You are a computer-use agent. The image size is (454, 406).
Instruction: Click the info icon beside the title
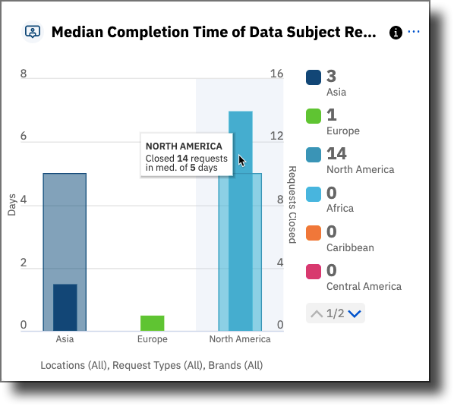[395, 33]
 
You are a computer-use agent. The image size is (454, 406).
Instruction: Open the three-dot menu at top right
[414, 32]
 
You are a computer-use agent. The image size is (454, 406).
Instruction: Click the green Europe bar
[152, 323]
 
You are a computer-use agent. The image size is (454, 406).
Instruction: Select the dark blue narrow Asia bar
[65, 307]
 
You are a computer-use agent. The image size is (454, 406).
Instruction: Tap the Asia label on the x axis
[65, 339]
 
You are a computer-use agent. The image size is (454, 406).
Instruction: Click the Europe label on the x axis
[152, 339]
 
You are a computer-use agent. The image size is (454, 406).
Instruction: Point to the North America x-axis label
[240, 339]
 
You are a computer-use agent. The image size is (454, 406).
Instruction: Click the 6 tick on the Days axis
[24, 137]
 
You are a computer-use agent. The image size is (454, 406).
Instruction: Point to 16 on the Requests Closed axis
[277, 74]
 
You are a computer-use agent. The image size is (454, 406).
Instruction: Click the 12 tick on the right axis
[277, 137]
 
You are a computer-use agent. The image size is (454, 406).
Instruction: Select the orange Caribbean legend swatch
[314, 232]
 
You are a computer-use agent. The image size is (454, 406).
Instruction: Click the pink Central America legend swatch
[314, 271]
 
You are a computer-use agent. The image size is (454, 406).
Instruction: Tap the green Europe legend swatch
[314, 116]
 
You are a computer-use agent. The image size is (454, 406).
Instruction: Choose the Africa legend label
[339, 208]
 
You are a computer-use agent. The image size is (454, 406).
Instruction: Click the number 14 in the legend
[336, 153]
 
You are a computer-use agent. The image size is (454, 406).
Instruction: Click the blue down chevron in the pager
[355, 313]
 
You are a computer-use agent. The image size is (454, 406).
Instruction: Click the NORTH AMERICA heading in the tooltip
[184, 146]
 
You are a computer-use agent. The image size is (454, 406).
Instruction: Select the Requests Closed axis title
[292, 204]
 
